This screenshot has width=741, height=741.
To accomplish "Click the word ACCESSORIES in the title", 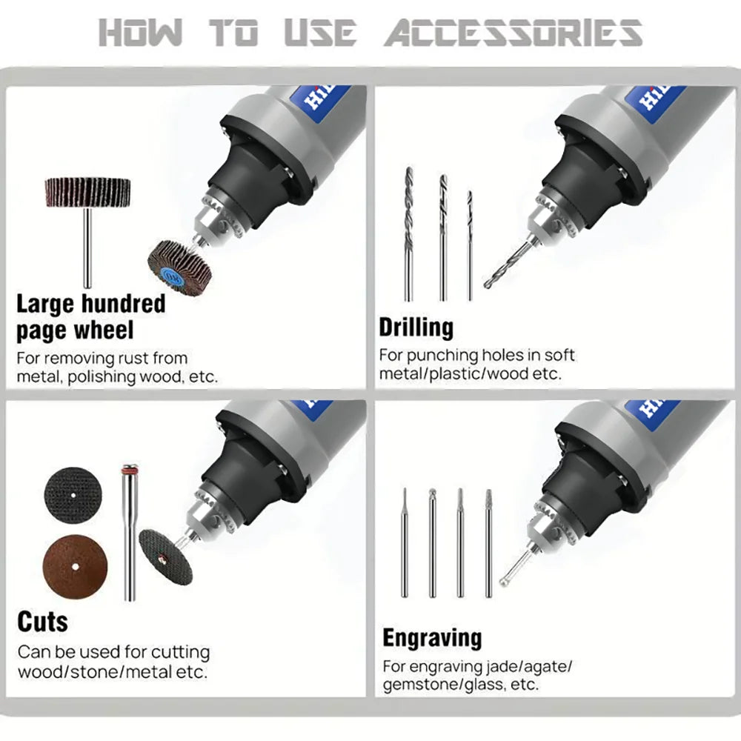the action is pyautogui.click(x=513, y=33).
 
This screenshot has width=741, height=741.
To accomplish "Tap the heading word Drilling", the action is pyautogui.click(x=416, y=328).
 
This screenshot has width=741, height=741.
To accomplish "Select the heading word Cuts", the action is pyautogui.click(x=42, y=622).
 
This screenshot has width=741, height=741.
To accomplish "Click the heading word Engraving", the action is pyautogui.click(x=433, y=638).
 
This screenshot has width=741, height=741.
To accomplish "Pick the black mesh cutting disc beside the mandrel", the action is pyautogui.click(x=73, y=495).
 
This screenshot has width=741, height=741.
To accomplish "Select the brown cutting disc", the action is pyautogui.click(x=75, y=567).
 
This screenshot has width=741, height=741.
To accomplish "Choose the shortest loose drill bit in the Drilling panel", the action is pyautogui.click(x=469, y=245).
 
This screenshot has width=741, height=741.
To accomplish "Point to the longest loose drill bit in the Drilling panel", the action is pyautogui.click(x=409, y=234).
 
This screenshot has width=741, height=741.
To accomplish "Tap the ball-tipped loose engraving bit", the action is pyautogui.click(x=432, y=543).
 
